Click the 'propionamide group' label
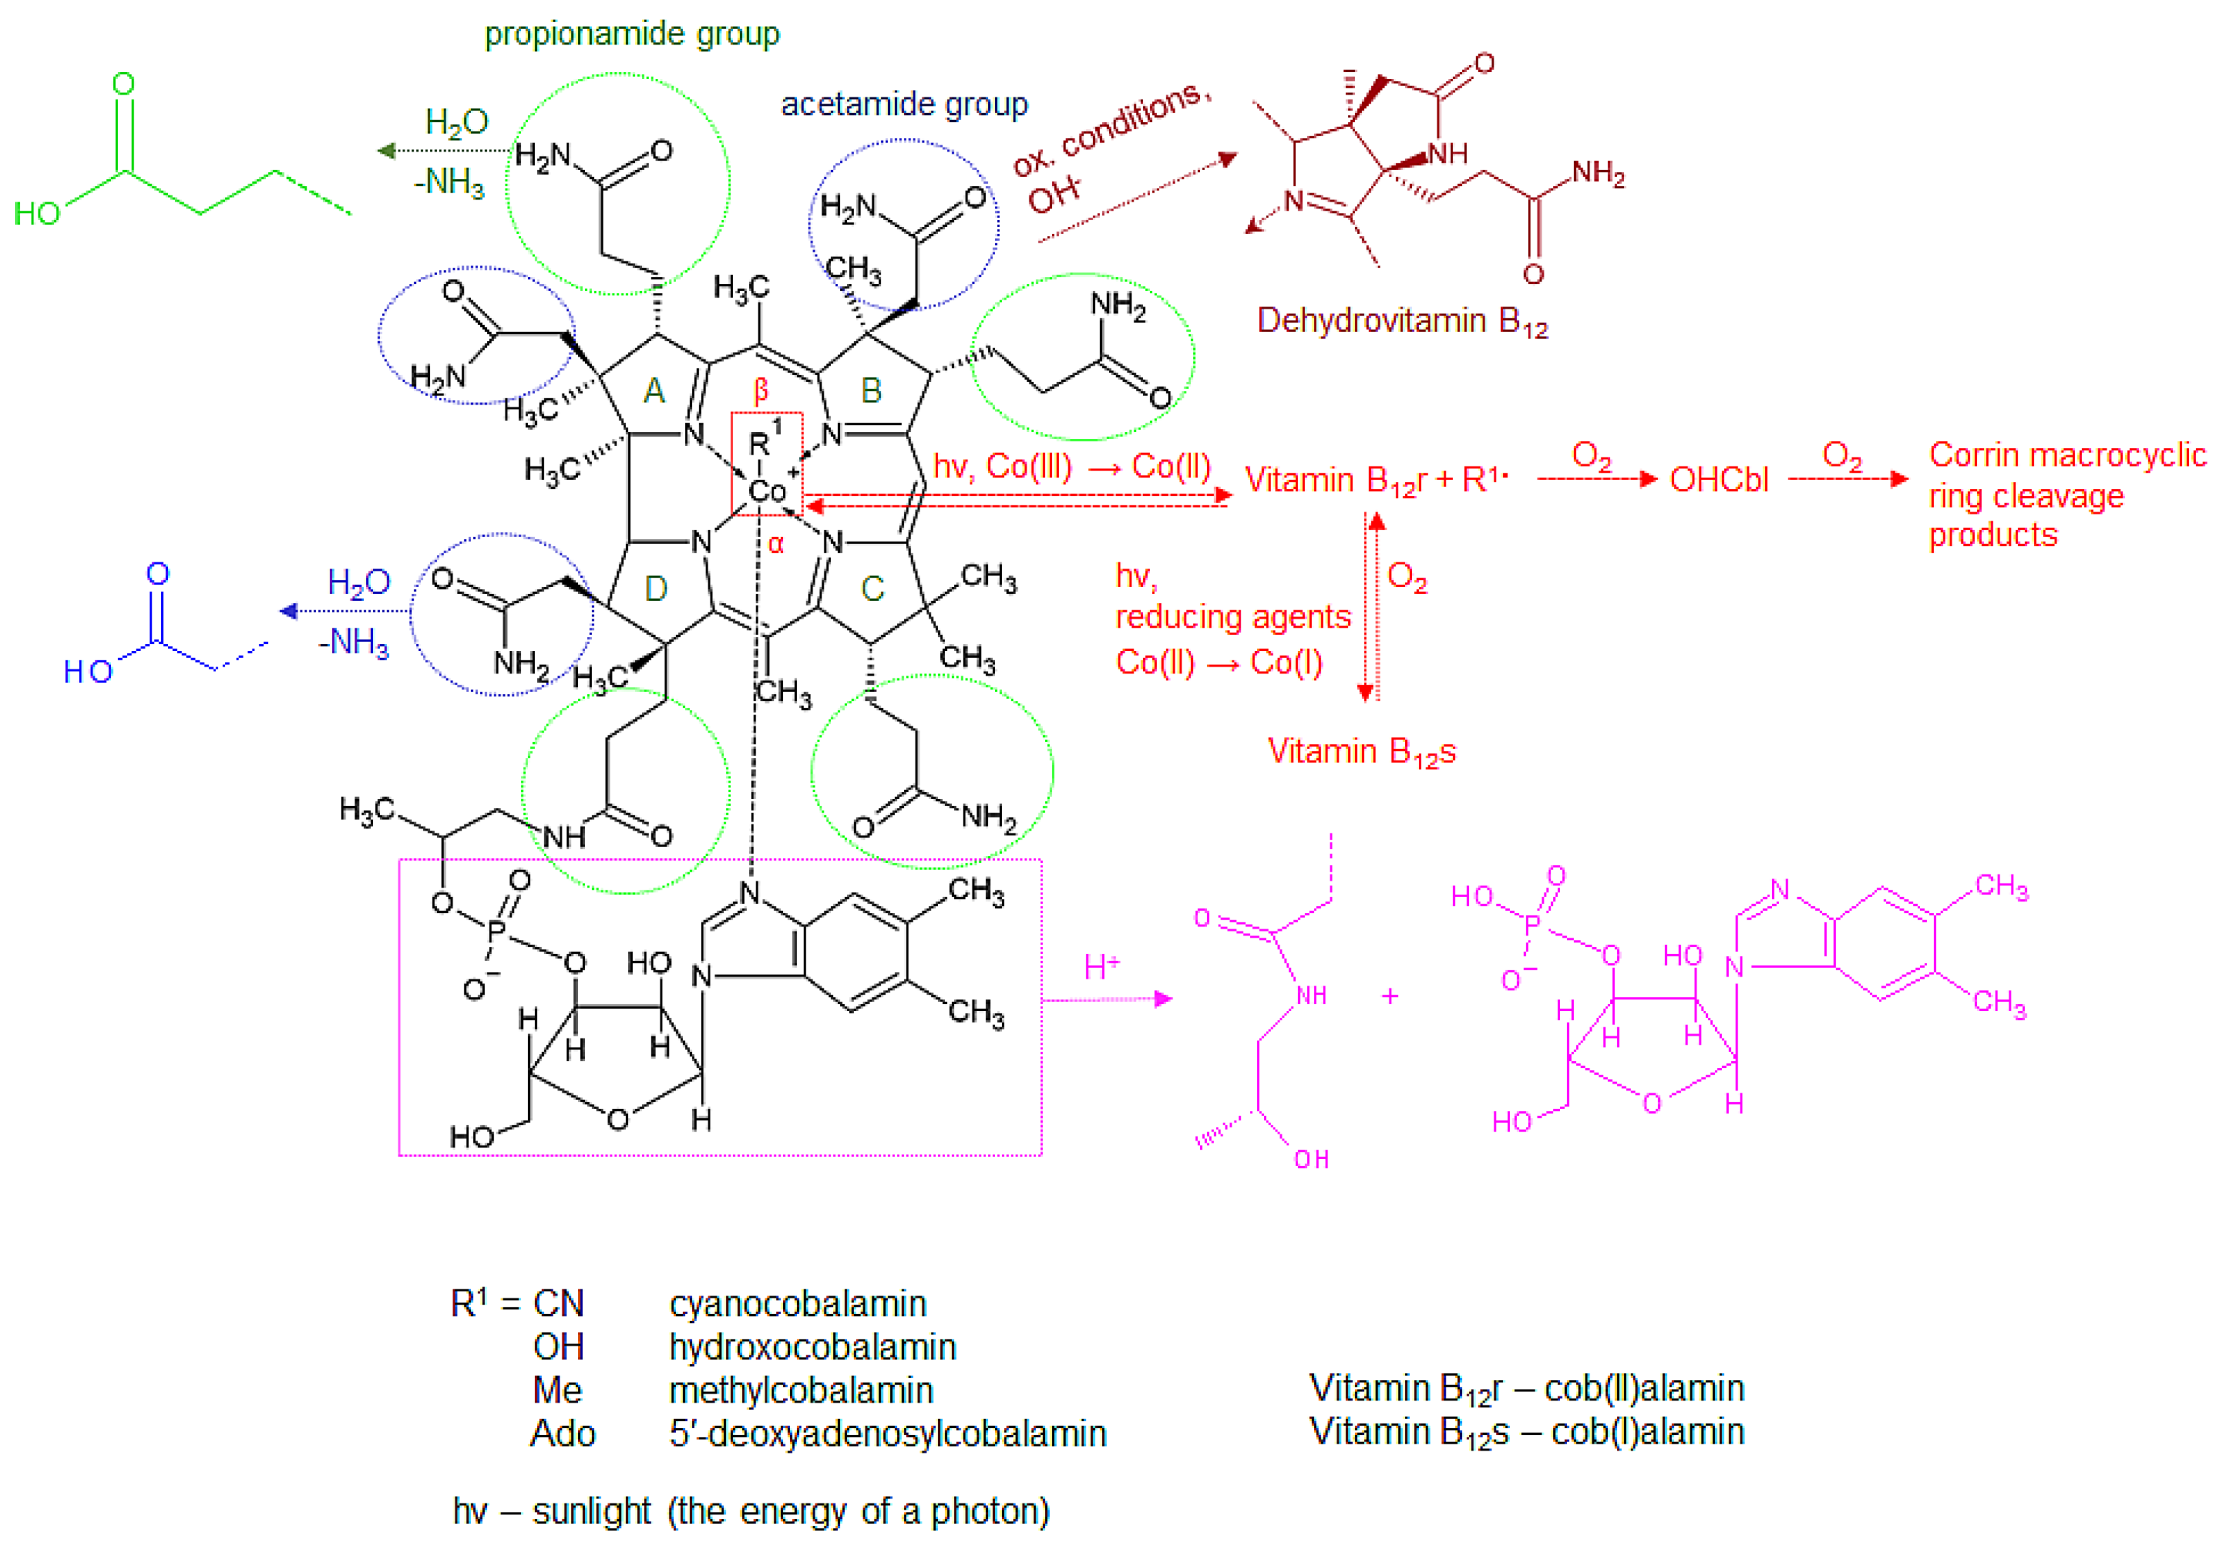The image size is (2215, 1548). coord(632,35)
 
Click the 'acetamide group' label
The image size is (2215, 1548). coord(904,104)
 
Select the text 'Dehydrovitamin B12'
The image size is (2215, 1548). coord(1402,322)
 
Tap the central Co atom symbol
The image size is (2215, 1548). coord(767,491)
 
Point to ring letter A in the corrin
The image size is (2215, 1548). coord(654,391)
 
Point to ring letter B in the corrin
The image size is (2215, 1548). coord(871,391)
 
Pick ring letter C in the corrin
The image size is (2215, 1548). coord(872,588)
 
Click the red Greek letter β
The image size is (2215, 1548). coord(761,390)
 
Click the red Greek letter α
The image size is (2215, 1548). coord(776,545)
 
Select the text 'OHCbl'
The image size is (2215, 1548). coord(1719,479)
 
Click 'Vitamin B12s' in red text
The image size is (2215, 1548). coord(1361,752)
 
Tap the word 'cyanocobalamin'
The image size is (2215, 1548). coord(798,1304)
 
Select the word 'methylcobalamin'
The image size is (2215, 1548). coord(801,1391)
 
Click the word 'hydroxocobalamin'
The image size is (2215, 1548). coord(813,1347)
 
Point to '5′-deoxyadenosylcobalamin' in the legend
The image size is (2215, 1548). coord(887,1434)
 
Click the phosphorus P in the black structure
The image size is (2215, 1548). coord(496,931)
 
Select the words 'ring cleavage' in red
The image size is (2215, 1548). coord(2026,496)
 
